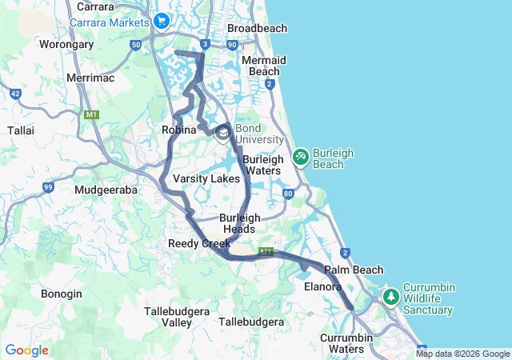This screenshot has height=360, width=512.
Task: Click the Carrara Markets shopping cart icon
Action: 162,21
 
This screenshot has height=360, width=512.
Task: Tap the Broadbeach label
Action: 257,28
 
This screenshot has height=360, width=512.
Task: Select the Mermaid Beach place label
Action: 263,66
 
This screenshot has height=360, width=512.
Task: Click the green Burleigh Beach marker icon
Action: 301,157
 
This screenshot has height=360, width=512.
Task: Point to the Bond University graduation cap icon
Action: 222,134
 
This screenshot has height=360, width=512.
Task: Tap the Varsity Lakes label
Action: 206,178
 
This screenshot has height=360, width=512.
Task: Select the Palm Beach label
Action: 354,270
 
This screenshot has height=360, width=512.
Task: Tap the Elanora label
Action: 323,286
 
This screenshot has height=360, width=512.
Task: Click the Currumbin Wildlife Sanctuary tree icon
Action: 391,297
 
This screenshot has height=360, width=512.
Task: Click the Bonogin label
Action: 62,294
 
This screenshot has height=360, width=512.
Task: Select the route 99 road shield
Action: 48,187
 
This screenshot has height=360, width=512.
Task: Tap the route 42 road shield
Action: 16,94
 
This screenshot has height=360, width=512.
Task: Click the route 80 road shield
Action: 288,193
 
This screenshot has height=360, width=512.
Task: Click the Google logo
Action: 26,350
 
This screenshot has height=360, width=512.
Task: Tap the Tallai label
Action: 20,129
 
